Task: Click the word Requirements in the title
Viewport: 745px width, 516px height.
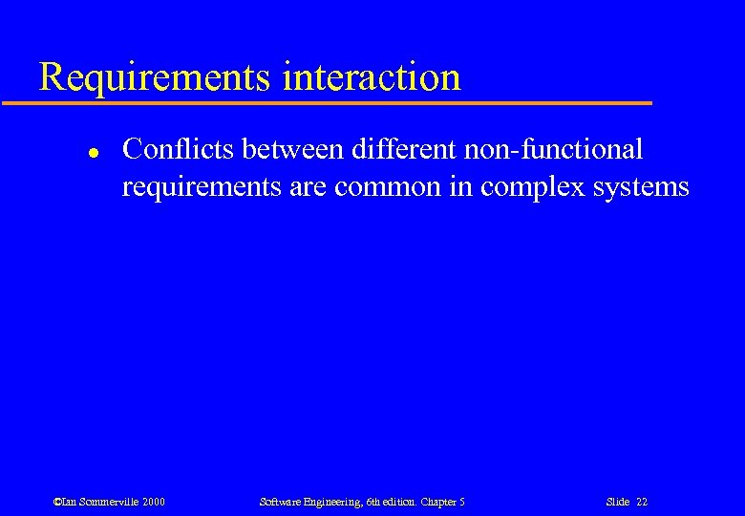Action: click(155, 76)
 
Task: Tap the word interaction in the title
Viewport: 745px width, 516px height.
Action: click(372, 76)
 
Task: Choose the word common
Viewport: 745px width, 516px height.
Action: click(393, 186)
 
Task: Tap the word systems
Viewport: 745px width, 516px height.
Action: click(642, 186)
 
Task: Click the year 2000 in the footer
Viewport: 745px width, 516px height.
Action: click(152, 502)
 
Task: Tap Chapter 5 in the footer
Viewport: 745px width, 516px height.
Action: click(444, 502)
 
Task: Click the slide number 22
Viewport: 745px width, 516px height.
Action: click(641, 502)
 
